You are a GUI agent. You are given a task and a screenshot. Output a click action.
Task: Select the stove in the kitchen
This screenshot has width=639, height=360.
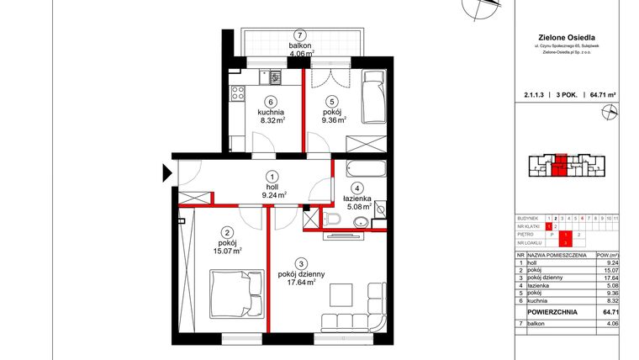point(237,90)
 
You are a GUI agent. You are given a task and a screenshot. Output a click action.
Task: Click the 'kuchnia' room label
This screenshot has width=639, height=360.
point(271,111)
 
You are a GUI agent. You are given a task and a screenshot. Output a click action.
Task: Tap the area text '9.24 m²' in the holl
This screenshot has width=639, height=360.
point(272,193)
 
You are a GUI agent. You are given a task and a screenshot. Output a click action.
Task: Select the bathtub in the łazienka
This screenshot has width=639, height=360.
point(361,168)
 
